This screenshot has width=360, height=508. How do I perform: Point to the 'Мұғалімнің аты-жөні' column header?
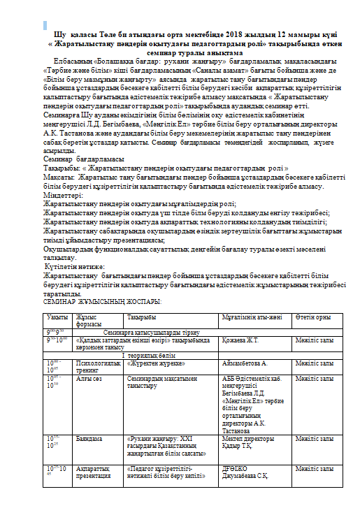click(x=247, y=317)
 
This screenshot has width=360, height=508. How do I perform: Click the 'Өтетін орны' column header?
click(x=312, y=317)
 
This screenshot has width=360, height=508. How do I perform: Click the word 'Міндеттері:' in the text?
click(x=62, y=196)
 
